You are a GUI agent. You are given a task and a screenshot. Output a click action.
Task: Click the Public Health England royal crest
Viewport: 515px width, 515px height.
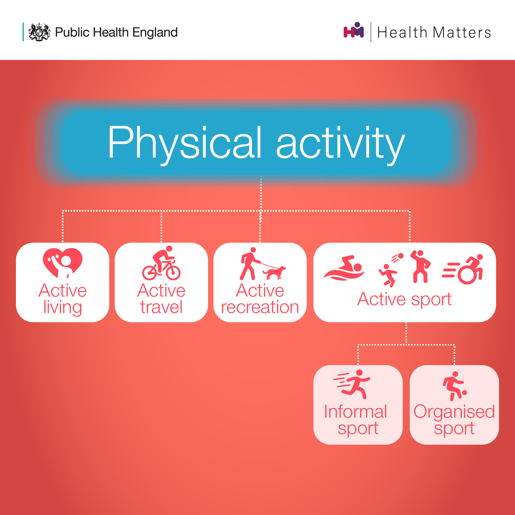pyautogui.click(x=39, y=32)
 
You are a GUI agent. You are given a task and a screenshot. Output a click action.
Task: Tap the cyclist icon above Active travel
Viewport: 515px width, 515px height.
pyautogui.click(x=161, y=263)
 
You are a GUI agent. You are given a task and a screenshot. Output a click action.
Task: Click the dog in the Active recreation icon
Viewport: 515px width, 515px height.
pyautogui.click(x=274, y=273)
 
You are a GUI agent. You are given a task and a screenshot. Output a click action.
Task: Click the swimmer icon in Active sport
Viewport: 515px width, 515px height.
pyautogui.click(x=344, y=268)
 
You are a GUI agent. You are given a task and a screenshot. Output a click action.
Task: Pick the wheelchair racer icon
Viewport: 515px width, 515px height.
pyautogui.click(x=462, y=269)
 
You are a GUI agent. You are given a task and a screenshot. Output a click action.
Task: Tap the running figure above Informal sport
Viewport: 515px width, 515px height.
pyautogui.click(x=352, y=384)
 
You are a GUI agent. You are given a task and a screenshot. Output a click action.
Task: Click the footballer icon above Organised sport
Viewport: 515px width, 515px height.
pyautogui.click(x=454, y=386)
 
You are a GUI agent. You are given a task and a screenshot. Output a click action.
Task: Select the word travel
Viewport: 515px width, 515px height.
pyautogui.click(x=161, y=307)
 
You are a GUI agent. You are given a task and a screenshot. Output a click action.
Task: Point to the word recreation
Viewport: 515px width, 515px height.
pyautogui.click(x=260, y=307)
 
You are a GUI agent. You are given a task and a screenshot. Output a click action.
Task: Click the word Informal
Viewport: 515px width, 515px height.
pyautogui.click(x=355, y=412)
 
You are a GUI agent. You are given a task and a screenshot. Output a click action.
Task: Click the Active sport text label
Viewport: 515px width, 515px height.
pyautogui.click(x=404, y=300)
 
